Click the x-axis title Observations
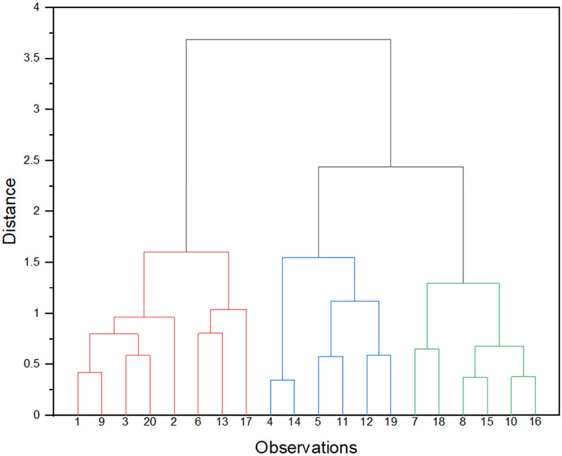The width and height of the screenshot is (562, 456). [x=306, y=447]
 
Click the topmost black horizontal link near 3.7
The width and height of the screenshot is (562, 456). [x=288, y=40]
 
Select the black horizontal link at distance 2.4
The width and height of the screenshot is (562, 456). [x=391, y=167]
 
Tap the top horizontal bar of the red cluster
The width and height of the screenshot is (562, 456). [x=186, y=252]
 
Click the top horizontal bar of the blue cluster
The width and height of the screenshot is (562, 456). [x=318, y=257]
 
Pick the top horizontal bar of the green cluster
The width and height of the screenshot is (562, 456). [x=463, y=283]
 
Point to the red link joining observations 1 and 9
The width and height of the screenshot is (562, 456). [x=90, y=373]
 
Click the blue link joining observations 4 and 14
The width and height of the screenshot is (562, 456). [x=282, y=380]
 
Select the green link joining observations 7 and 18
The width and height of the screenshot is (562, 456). [x=427, y=349]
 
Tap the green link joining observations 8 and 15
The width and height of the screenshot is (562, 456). [x=475, y=377]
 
